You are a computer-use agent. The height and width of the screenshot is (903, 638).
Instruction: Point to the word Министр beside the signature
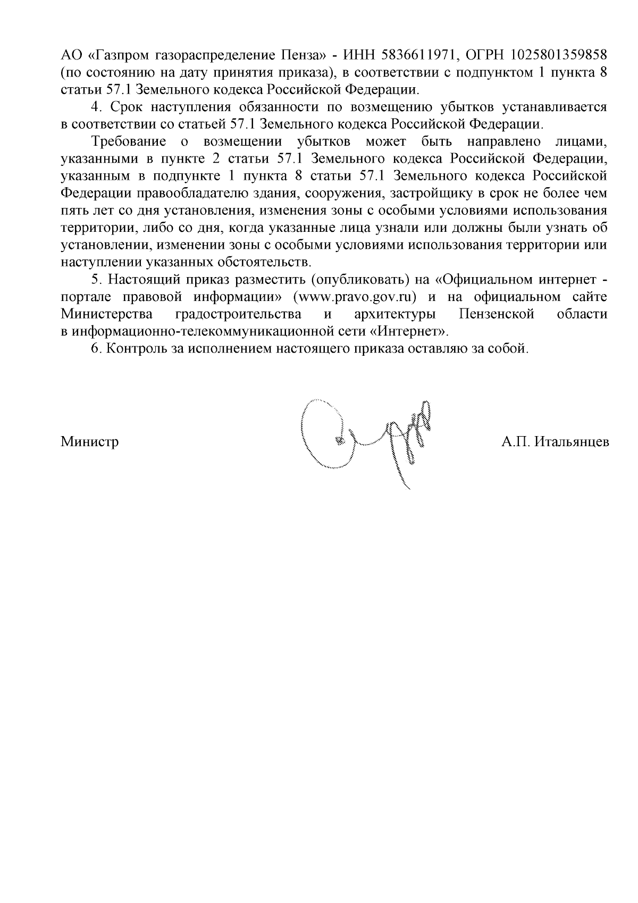click(x=90, y=442)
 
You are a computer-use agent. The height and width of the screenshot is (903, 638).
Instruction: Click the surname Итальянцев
click(x=572, y=442)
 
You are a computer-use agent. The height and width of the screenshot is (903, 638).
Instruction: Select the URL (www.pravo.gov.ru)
click(x=351, y=297)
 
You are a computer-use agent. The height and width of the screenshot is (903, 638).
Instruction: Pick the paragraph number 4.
click(x=96, y=107)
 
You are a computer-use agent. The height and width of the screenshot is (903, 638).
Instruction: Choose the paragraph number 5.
click(x=96, y=280)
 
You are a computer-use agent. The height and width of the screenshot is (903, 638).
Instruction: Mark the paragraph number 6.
click(x=96, y=349)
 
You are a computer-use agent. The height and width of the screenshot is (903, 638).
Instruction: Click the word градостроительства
click(x=237, y=314)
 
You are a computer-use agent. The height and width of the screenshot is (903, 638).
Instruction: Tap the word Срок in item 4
click(x=126, y=107)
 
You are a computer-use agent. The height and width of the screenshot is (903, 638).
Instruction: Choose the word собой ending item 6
click(x=511, y=349)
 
